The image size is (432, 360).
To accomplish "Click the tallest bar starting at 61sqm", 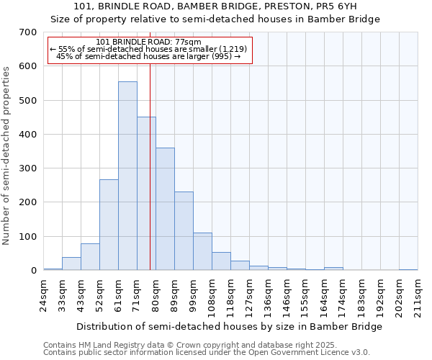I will pyautogui.click(x=127, y=176).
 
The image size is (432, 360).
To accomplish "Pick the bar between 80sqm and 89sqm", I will pyautogui.click(x=165, y=209).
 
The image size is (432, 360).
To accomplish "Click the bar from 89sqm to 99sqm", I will pyautogui.click(x=184, y=230).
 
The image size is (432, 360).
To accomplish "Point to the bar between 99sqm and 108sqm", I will pyautogui.click(x=202, y=251).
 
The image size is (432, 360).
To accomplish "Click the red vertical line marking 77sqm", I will pyautogui.click(x=150, y=166).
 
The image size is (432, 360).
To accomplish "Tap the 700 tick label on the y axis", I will pyautogui.click(x=28, y=32).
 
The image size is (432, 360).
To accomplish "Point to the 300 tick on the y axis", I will pyautogui.click(x=28, y=168).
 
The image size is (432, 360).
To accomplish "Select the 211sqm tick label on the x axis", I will pyautogui.click(x=420, y=296).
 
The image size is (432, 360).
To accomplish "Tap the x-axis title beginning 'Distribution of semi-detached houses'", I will pyautogui.click(x=229, y=326).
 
